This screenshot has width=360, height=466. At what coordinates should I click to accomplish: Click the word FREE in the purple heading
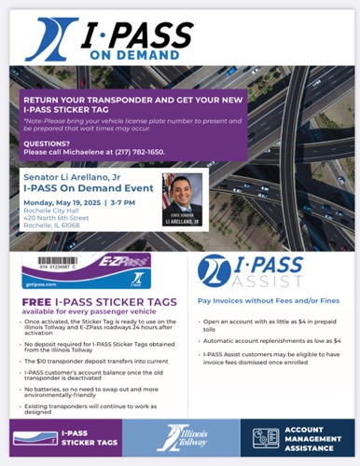pyautogui.click(x=36, y=302)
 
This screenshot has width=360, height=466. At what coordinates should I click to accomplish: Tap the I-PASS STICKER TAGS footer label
pyautogui.click(x=84, y=436)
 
